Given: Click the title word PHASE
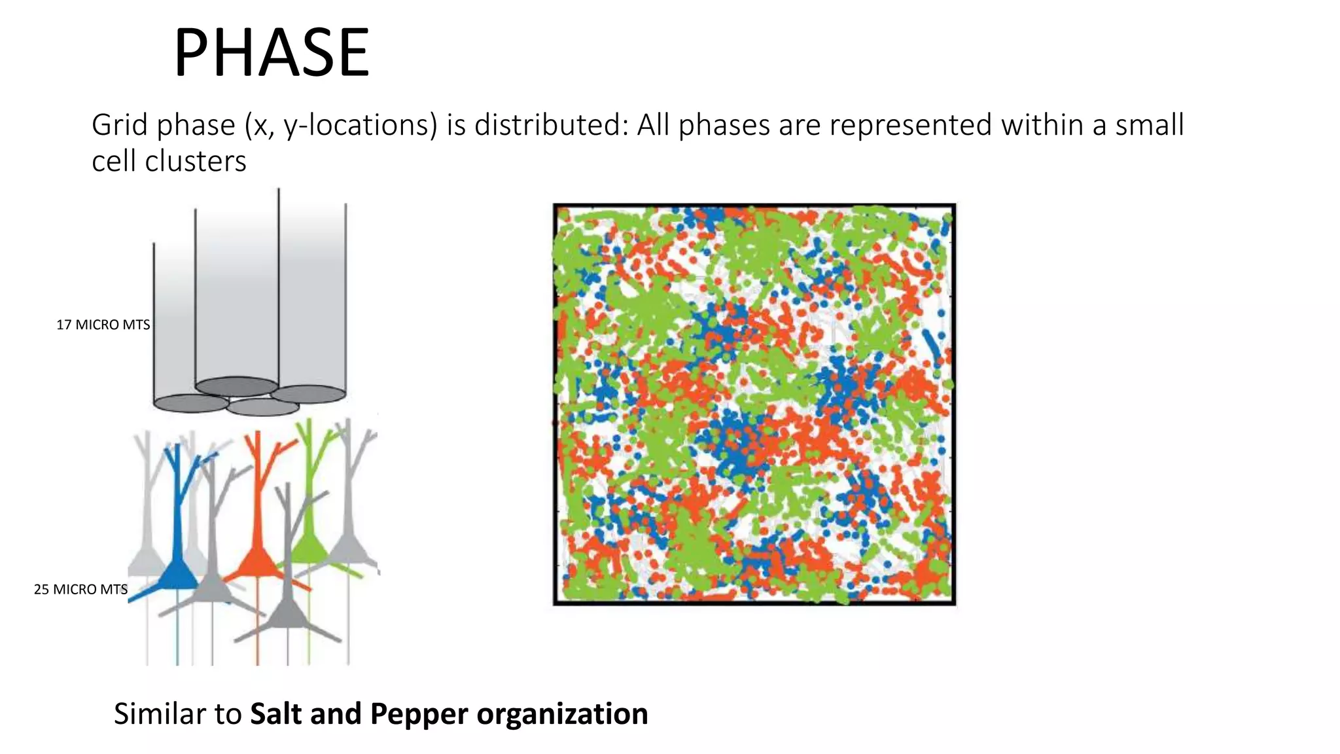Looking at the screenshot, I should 272,52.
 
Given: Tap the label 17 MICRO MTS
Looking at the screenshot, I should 103,325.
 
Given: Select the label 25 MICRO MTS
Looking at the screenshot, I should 80,589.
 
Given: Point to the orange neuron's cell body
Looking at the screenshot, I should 257,563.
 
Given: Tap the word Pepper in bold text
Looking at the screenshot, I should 419,713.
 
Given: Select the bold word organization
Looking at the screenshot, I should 562,713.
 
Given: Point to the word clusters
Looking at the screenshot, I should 196,161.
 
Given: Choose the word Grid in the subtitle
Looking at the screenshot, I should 117,124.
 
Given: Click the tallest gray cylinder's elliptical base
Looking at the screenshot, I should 308,394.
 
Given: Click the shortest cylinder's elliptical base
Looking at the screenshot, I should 191,403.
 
